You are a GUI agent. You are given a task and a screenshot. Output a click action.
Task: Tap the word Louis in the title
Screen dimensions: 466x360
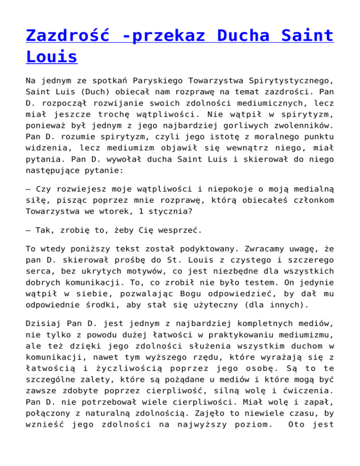point(52,57)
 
